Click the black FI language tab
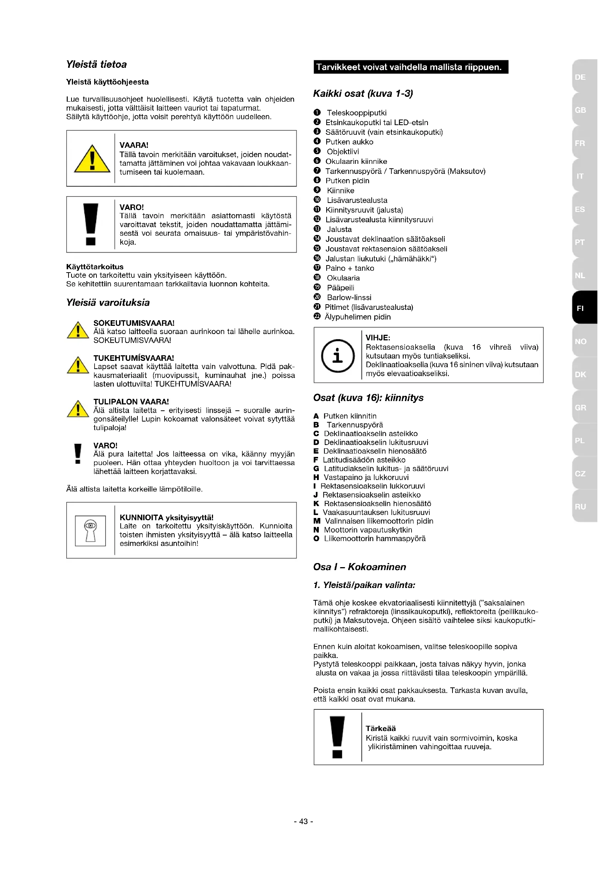pos(584,308)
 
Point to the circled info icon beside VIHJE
pos(337,356)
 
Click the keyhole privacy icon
pos(90,530)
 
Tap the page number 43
pos(304,821)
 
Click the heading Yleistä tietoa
pos(96,64)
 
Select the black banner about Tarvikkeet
pos(411,67)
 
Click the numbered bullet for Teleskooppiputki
pos(317,113)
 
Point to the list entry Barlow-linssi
pos(349,298)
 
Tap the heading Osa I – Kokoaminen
pos(359,567)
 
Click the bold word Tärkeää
pos(381,728)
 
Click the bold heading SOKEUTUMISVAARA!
pos(134,323)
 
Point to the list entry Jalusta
pos(339,229)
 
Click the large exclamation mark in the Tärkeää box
pos(337,737)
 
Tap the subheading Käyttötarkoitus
pos(95,267)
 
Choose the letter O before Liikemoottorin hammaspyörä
pos(316,539)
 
